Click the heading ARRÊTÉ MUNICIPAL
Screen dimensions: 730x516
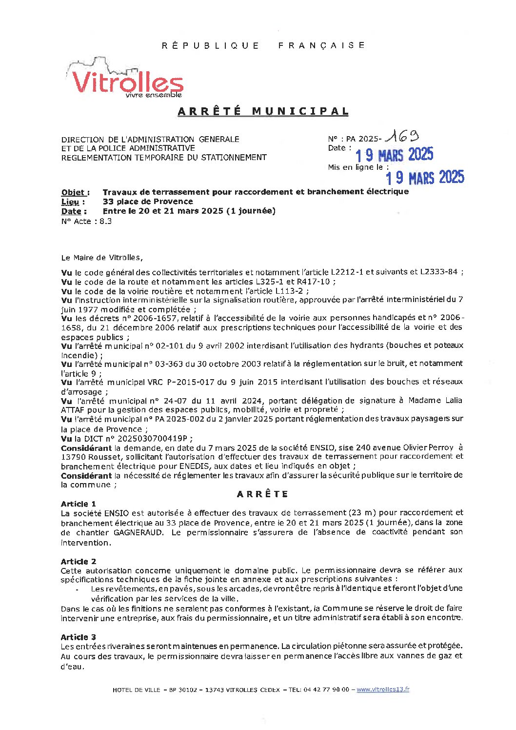263,111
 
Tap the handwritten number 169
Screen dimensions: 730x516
401,137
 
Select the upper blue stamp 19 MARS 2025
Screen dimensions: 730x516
394,155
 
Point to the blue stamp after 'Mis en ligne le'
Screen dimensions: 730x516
425,177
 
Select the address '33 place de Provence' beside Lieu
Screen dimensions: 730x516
148,202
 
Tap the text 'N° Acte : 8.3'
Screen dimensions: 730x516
86,221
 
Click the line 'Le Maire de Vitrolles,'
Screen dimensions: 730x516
102,258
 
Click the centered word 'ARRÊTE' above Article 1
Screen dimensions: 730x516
262,494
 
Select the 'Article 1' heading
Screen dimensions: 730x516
79,504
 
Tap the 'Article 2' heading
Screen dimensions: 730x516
79,561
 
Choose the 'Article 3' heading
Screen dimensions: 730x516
79,637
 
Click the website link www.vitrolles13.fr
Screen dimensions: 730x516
383,689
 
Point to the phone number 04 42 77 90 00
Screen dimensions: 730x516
326,689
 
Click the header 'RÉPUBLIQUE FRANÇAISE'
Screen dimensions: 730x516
263,45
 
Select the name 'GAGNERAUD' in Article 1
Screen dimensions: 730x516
139,532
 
